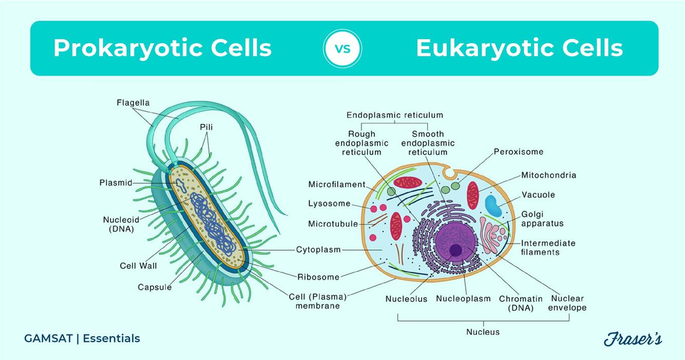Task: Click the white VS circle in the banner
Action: coord(342,49)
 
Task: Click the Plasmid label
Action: coord(116,182)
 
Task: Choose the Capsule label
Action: coord(155,287)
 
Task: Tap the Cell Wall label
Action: coord(138,266)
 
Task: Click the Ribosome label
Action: coord(318,277)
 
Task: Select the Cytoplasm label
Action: coord(318,250)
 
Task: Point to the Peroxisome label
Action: coord(518,151)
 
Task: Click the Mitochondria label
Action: coord(548,175)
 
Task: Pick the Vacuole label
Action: coord(538,195)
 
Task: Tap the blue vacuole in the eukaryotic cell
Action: coord(494,204)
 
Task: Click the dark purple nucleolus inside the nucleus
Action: coord(455,250)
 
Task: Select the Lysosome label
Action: coord(329,203)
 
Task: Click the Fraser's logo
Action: coord(632,339)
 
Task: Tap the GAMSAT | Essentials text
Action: coord(82,338)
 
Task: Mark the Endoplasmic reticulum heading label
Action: coord(394,115)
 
